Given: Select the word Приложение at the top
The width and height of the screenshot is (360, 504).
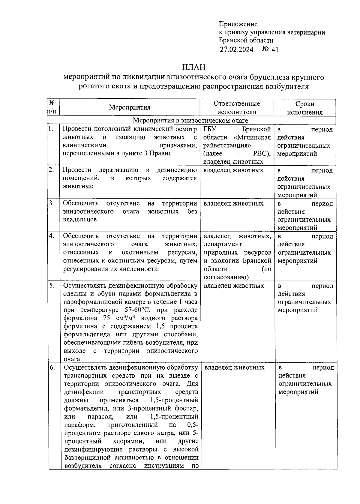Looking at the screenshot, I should [x=238, y=24].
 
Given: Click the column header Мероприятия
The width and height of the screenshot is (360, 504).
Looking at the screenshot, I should [x=130, y=107].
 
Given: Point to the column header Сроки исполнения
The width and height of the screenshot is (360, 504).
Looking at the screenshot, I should [x=304, y=108].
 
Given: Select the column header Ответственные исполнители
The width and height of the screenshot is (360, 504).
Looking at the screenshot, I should [x=237, y=108].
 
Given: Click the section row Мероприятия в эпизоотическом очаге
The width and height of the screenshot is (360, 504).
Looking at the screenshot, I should [x=190, y=121].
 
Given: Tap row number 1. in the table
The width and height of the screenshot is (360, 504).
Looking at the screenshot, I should [x=51, y=129].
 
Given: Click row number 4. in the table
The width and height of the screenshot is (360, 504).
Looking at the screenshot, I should [x=52, y=236].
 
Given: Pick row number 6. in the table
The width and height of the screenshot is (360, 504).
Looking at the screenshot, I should [x=52, y=367].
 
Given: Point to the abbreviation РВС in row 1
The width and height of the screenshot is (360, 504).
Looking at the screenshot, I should [x=262, y=154].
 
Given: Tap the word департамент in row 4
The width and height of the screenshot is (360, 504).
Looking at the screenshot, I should [x=223, y=244].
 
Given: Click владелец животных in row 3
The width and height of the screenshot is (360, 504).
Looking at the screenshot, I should [x=233, y=203].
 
